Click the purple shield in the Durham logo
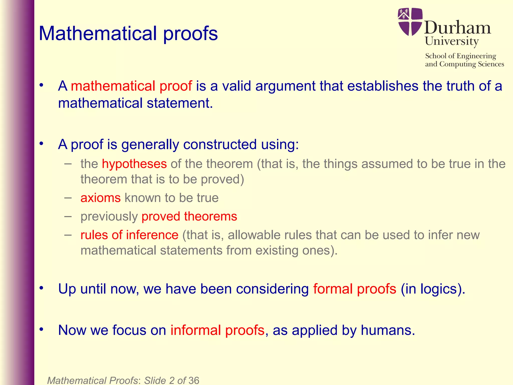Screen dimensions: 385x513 click(410, 22)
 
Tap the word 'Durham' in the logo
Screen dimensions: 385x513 click(457, 28)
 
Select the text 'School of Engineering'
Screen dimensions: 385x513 click(460, 56)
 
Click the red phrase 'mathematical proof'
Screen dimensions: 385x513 click(131, 86)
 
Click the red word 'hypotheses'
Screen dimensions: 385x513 click(134, 164)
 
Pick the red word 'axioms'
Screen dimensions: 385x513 click(100, 198)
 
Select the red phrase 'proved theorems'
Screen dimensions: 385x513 click(189, 216)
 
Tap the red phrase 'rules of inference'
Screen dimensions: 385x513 click(129, 235)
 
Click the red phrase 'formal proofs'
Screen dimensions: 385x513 click(355, 289)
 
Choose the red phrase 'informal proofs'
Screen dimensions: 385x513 click(217, 330)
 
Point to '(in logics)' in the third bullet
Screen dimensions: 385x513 click(433, 289)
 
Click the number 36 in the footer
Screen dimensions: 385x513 click(194, 380)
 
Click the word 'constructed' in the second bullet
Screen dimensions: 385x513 click(220, 145)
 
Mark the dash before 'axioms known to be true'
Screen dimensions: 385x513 click(68, 198)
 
